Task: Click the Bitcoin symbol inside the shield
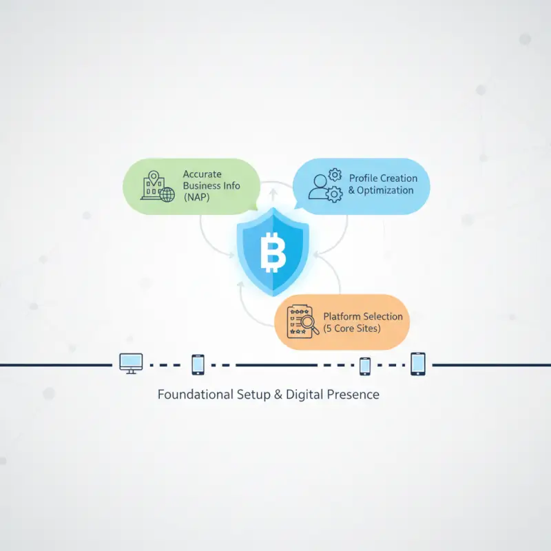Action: click(x=273, y=252)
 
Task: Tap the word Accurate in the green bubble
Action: click(x=202, y=174)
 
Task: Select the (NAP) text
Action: click(x=196, y=197)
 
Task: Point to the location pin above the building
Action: click(x=154, y=178)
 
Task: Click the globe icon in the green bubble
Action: click(x=167, y=194)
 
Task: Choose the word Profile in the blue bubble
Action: click(x=363, y=178)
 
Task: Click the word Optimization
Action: click(x=385, y=190)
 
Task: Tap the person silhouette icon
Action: click(x=319, y=187)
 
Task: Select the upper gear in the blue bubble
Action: click(x=335, y=175)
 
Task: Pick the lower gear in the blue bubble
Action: click(x=334, y=194)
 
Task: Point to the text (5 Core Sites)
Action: click(x=352, y=329)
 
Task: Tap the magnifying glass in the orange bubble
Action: click(x=309, y=324)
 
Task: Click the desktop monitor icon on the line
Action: click(x=131, y=364)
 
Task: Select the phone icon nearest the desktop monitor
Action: click(x=198, y=365)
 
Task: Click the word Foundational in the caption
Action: click(x=196, y=394)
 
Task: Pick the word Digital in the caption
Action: click(x=304, y=395)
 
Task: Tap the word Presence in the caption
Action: click(x=353, y=394)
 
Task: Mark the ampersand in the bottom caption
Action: click(x=278, y=395)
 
